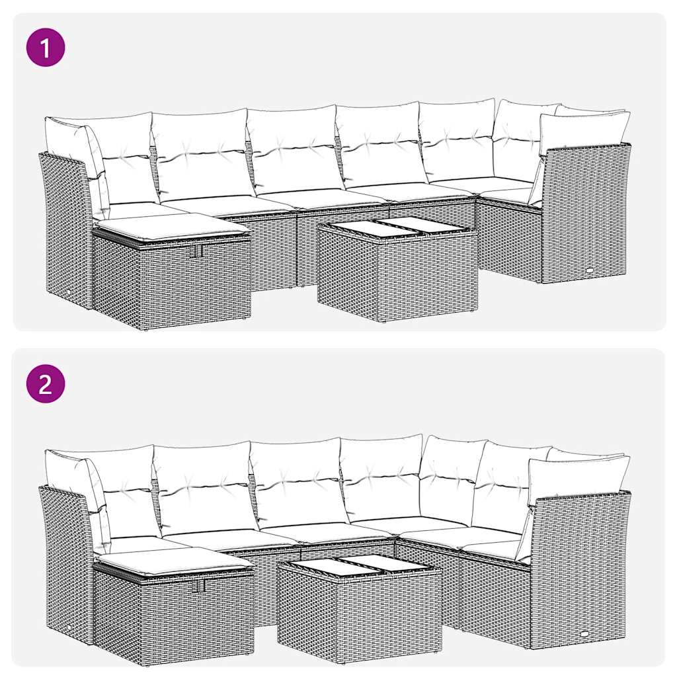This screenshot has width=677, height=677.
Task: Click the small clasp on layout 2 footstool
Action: (200, 586)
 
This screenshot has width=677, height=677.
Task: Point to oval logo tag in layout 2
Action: (588, 633)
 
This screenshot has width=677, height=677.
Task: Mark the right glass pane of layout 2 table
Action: (387, 563)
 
